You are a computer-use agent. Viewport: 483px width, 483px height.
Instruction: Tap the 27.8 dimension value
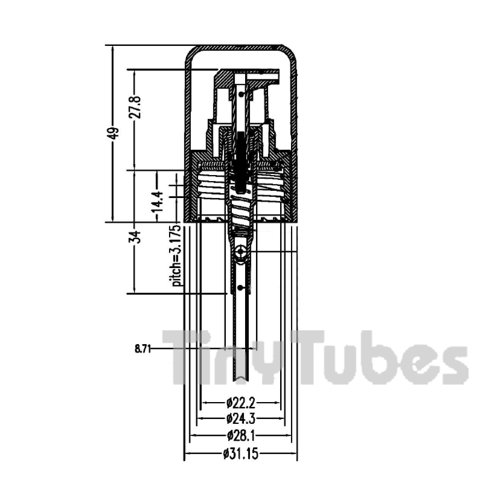coord(135,107)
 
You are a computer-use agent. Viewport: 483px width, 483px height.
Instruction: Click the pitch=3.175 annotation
coord(177,256)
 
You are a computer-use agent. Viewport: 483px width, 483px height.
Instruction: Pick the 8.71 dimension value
coord(143,349)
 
